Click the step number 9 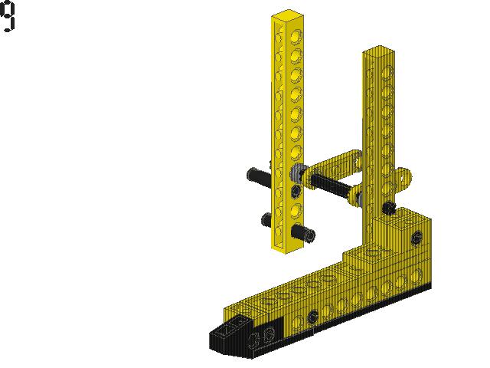[8, 17]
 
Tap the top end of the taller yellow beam [286, 15]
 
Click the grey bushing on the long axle [298, 172]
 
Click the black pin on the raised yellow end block [416, 237]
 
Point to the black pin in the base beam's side [312, 317]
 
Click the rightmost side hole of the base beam [416, 274]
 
